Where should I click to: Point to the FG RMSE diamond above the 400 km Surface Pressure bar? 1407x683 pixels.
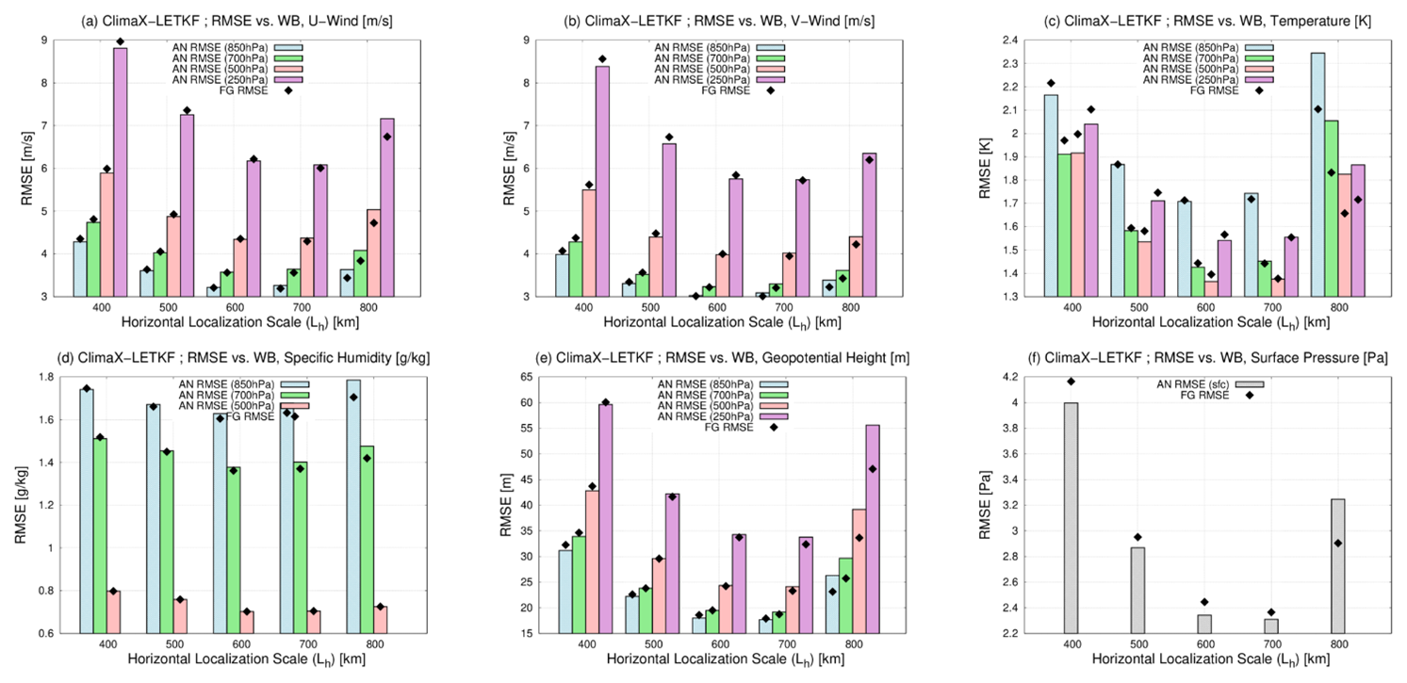point(1072,381)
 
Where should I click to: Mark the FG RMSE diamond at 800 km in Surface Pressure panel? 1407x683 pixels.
point(1338,544)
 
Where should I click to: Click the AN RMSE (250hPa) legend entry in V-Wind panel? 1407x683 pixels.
point(705,80)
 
